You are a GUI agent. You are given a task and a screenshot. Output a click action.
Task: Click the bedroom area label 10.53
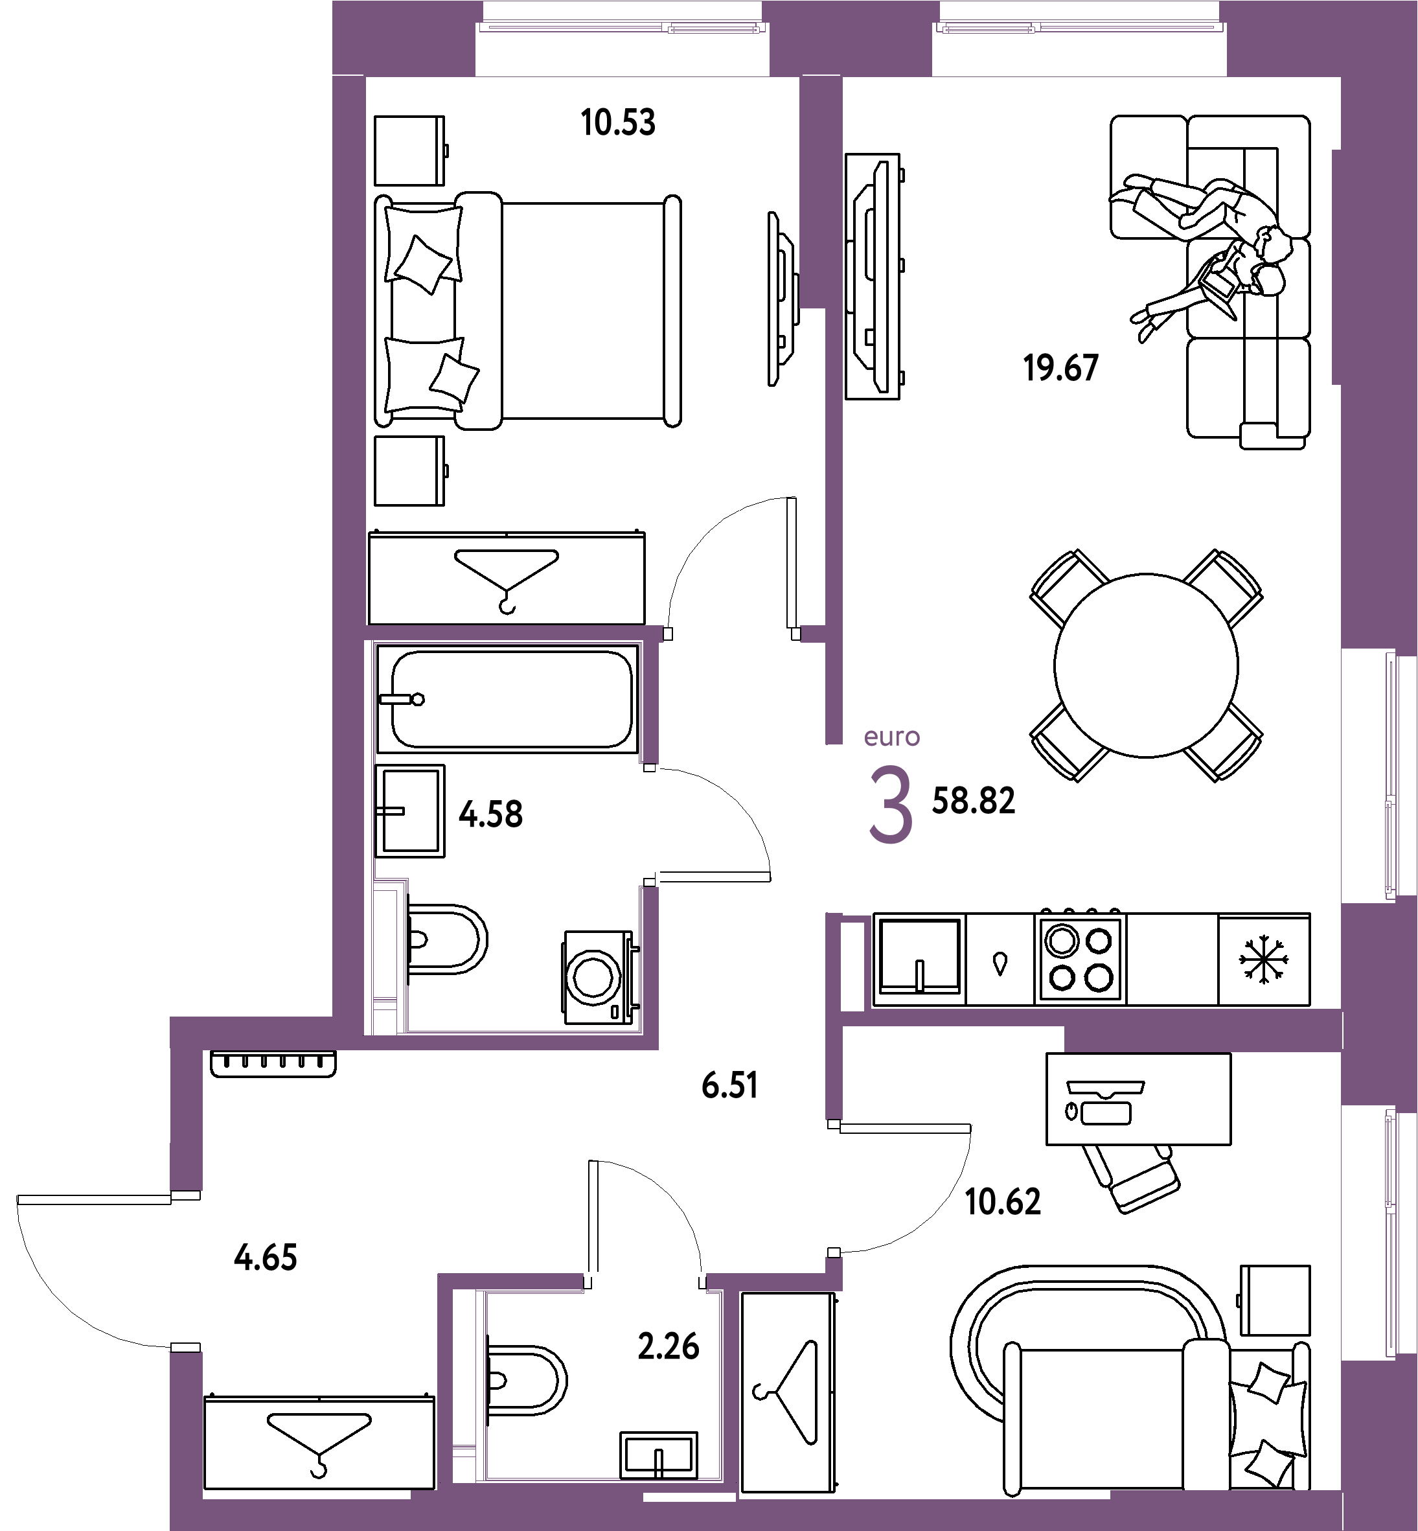[618, 123]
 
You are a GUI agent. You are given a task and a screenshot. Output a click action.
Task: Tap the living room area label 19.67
[1060, 369]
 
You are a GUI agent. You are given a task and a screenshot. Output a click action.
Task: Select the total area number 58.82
[973, 800]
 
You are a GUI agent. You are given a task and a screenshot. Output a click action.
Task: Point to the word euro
[891, 737]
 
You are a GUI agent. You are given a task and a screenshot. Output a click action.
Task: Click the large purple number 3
[891, 806]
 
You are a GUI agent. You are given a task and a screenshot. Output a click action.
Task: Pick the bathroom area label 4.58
[491, 814]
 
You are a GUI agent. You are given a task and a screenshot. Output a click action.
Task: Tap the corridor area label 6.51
[729, 1086]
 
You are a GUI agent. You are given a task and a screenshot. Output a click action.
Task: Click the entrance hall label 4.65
[266, 1258]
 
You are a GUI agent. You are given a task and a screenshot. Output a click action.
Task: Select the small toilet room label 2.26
[669, 1347]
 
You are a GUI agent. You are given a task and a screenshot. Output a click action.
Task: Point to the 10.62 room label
[1003, 1202]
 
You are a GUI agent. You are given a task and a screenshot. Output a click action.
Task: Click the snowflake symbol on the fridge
[1264, 960]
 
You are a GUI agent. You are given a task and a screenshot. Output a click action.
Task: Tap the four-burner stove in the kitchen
[1081, 960]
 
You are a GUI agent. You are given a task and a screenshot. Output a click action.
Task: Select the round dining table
[1145, 665]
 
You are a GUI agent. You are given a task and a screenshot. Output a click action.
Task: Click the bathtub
[508, 699]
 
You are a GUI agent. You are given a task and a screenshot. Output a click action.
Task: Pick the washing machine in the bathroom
[599, 978]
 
